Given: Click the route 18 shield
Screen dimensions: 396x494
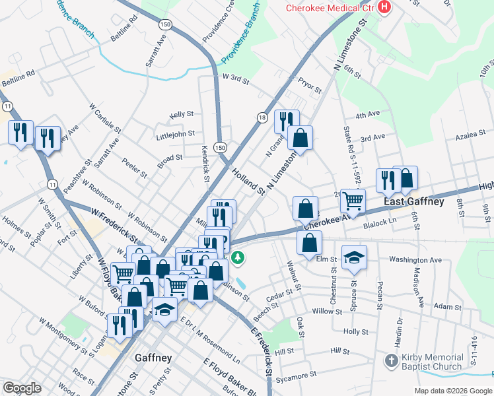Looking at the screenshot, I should click(262, 117).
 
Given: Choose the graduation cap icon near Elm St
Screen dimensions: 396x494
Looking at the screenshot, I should click(354, 259).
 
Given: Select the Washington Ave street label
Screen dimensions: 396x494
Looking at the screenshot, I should click(415, 260).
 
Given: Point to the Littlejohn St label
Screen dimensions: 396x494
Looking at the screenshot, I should click(175, 134).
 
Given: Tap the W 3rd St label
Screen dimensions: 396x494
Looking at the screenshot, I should click(236, 79).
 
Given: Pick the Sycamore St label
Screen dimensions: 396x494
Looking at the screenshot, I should click(297, 376).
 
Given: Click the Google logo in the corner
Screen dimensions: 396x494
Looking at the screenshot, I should click(22, 388).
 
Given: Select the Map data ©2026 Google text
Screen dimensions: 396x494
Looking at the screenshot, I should click(453, 391).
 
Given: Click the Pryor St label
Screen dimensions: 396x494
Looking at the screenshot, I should click(308, 86).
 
